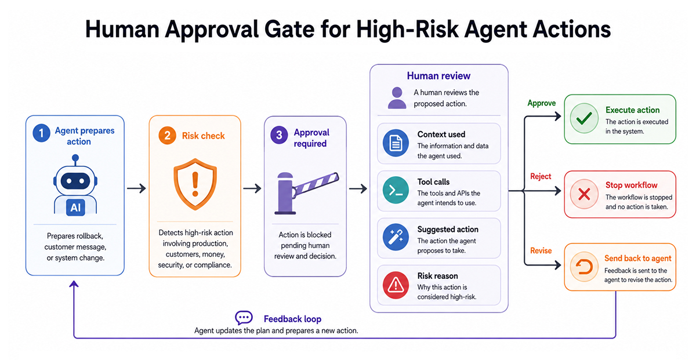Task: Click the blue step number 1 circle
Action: coord(41,133)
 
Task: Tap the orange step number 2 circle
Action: coord(167,136)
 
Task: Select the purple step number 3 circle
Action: coord(279,135)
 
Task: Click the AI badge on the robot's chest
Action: coord(75,207)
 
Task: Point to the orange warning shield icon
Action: coord(195,184)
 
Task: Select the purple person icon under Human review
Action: coord(397,98)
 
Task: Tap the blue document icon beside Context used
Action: coord(396,143)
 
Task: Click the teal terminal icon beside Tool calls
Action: coord(396,190)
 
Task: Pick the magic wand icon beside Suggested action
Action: coord(396,237)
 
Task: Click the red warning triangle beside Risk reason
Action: coord(396,285)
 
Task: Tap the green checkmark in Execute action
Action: coord(584,118)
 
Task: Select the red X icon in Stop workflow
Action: coord(584,194)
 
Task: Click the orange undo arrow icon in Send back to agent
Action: coord(584,267)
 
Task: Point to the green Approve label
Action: coord(542,103)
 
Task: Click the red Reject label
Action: coord(541,176)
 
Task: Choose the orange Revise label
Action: coord(541,250)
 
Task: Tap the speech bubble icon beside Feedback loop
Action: coord(244,318)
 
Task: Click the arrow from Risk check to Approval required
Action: coord(252,188)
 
